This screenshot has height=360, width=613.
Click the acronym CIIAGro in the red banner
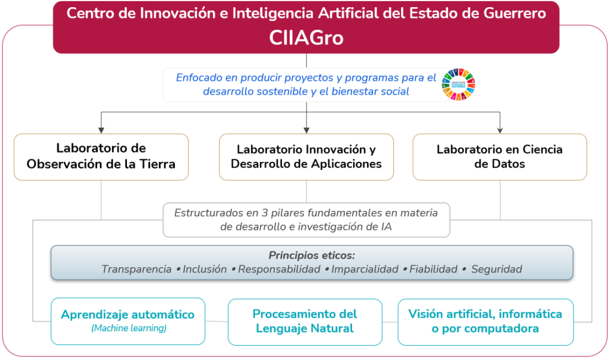coord(306,38)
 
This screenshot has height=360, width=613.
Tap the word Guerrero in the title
coord(514,13)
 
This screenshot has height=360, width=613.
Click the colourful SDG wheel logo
coord(459,84)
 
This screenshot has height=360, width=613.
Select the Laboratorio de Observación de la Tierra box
coord(101,157)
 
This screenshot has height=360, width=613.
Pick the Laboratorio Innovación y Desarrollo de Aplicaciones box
coord(306,157)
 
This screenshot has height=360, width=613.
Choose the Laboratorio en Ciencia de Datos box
coord(500,157)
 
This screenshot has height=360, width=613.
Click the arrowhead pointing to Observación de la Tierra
coord(101,131)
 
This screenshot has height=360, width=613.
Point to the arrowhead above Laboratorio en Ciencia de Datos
coord(500,131)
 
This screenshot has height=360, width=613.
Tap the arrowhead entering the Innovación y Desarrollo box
coord(306,131)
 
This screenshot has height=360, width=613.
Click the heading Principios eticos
coord(311,256)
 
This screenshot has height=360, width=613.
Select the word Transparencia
coord(136,269)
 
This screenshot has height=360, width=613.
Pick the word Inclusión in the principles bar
coord(205,269)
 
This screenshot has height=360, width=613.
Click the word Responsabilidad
coord(279,269)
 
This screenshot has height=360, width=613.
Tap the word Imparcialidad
coord(365,269)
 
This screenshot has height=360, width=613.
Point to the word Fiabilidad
coord(433,269)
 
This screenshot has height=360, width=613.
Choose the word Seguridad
coord(496,269)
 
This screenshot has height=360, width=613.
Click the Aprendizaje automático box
coord(128,321)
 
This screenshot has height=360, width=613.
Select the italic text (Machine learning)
coord(129,328)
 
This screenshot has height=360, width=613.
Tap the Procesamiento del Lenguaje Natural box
coord(305,322)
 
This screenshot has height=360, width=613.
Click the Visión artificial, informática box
coord(485,322)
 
